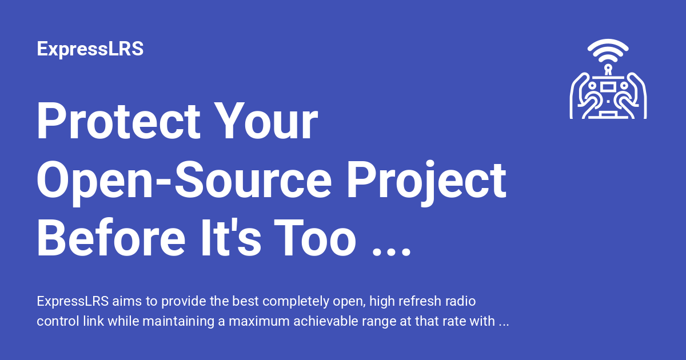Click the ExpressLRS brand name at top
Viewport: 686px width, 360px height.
pyautogui.click(x=90, y=49)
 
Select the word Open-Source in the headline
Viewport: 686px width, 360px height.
pyautogui.click(x=184, y=180)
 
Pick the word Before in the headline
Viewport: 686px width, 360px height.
pyautogui.click(x=111, y=238)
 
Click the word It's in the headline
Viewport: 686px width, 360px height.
pyautogui.click(x=231, y=238)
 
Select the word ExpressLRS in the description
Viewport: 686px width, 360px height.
pyautogui.click(x=73, y=301)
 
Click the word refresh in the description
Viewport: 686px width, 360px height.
pyautogui.click(x=418, y=301)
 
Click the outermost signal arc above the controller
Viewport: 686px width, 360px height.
pyautogui.click(x=608, y=41)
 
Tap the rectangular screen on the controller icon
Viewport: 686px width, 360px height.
pyautogui.click(x=608, y=87)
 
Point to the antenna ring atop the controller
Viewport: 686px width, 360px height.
pyautogui.click(x=608, y=67)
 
